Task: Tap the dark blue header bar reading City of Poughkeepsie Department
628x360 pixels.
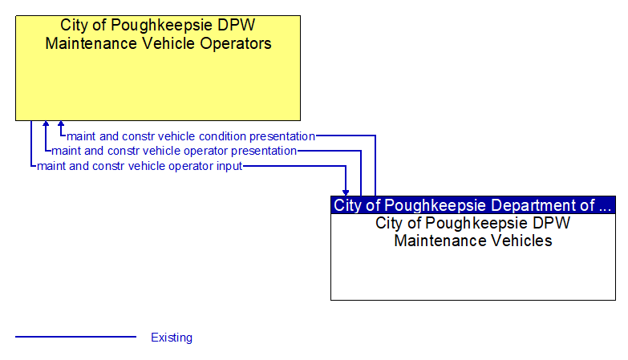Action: tap(473, 204)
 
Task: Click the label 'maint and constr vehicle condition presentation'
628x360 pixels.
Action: tap(191, 136)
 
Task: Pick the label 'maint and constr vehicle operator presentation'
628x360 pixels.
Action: tap(174, 151)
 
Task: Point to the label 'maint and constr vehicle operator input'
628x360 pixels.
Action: tap(140, 166)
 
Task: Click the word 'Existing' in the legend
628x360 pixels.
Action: tap(172, 338)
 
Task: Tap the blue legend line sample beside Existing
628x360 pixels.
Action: tap(76, 337)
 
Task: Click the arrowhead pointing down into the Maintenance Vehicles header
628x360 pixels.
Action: tap(346, 192)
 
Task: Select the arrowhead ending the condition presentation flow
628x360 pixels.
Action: tap(61, 125)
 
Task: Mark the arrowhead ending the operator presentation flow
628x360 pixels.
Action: tap(46, 125)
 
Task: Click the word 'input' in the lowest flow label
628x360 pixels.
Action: tap(229, 166)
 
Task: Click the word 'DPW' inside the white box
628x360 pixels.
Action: tap(553, 223)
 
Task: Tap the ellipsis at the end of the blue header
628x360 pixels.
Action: tap(607, 206)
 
